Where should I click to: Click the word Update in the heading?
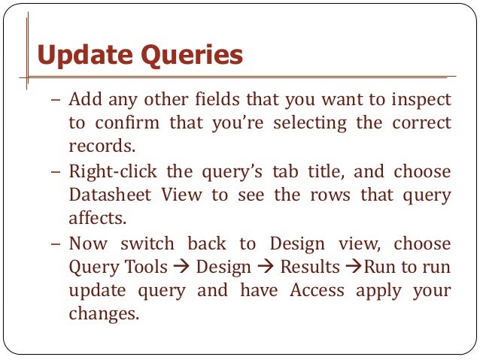[83, 55]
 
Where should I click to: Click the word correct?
[421, 123]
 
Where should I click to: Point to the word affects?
[96, 219]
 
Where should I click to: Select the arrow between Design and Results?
[266, 268]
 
